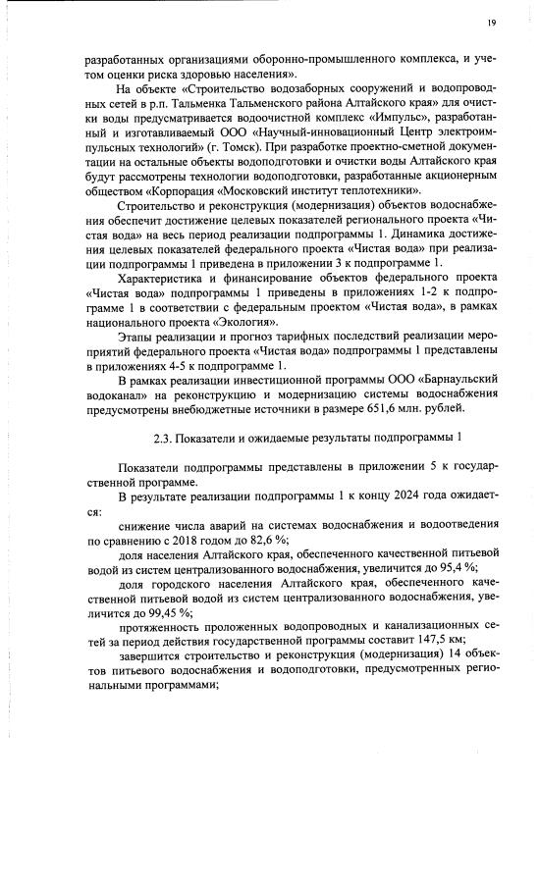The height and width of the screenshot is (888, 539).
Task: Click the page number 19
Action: [x=492, y=23]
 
